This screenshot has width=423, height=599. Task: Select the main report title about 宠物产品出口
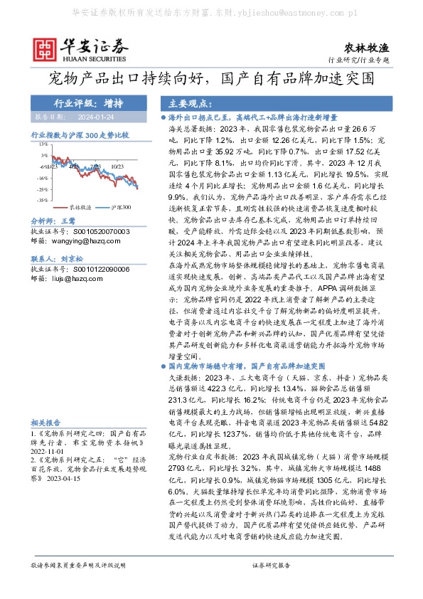[x=211, y=78]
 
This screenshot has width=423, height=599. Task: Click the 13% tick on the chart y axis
[x=44, y=144]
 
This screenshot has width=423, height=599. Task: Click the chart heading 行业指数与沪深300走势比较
[x=80, y=134]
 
